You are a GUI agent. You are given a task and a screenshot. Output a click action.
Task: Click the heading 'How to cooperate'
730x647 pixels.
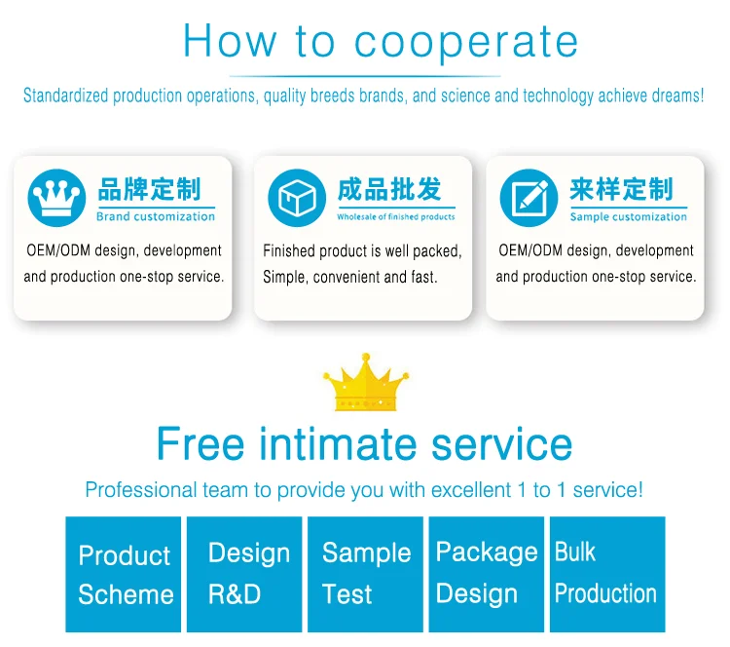point(381,41)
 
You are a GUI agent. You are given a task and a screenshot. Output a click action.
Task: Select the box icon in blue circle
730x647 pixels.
point(297,198)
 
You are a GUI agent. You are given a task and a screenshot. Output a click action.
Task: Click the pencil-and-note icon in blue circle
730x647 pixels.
point(529,198)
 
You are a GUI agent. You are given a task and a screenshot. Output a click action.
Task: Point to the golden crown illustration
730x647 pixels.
point(366,387)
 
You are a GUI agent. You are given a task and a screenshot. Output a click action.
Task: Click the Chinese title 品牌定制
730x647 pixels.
point(149,188)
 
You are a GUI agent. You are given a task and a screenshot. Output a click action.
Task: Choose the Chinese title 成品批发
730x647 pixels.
point(389,189)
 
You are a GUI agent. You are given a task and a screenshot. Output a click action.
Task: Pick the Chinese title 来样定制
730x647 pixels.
point(621,189)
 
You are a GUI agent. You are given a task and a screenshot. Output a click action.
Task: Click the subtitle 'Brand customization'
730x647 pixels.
point(155,216)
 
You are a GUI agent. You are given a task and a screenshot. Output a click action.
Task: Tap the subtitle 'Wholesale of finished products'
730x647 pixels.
point(395,217)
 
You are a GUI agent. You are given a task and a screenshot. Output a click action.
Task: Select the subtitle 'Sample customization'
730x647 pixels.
point(628,216)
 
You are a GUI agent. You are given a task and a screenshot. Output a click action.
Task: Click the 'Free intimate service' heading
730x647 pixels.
point(364,444)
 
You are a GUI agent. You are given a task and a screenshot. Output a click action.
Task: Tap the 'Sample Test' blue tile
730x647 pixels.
point(365,574)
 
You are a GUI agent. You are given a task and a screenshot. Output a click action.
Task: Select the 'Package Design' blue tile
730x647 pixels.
point(486,574)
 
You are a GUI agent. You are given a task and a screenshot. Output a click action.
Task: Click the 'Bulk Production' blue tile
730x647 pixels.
point(606,574)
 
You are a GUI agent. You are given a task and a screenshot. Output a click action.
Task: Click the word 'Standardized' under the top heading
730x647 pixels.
point(66,96)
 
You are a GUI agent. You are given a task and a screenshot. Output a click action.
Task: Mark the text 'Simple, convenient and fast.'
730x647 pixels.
point(350,277)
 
